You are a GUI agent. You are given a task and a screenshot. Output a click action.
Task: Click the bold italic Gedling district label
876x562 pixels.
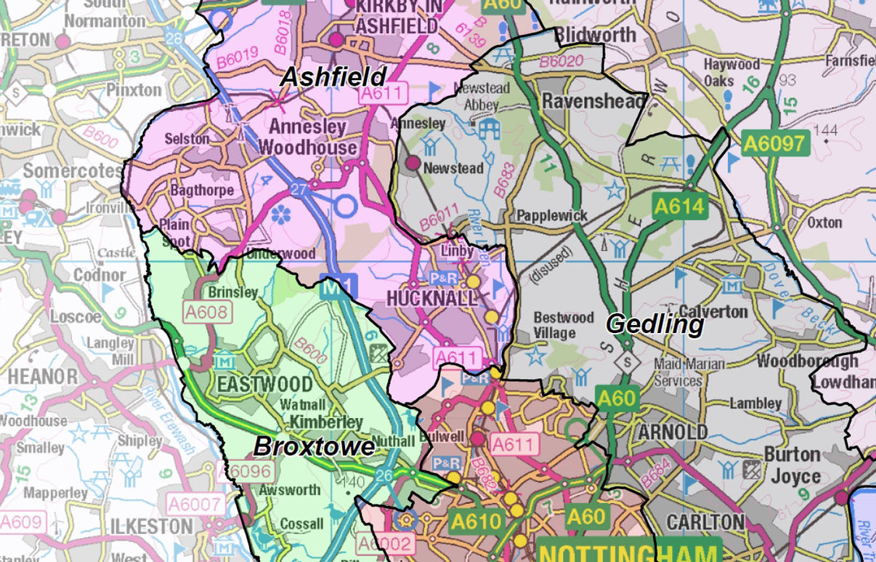coord(655,324)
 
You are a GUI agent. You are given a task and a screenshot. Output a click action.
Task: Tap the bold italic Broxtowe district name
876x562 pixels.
coord(314,446)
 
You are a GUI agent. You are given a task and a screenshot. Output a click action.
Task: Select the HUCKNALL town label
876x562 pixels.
coord(431,299)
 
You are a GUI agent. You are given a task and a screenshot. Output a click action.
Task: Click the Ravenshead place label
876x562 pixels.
coord(593,101)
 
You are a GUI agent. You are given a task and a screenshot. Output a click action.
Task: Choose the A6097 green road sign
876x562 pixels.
coord(776,143)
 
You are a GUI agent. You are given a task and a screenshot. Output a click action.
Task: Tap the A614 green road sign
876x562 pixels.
coord(679,206)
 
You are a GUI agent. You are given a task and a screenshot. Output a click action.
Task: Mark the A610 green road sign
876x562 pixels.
coord(475,521)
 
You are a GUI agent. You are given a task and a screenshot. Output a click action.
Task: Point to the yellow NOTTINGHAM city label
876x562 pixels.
coord(629,551)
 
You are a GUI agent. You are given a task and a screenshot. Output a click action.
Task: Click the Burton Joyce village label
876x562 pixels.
coord(791,465)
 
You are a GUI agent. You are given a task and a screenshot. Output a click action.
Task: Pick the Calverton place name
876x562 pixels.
coord(713,311)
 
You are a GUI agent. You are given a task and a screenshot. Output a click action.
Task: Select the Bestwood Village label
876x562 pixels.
coord(564,325)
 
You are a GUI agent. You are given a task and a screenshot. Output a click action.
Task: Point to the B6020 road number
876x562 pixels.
coord(562,62)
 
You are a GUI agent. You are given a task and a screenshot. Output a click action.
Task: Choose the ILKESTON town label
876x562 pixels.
coord(152,526)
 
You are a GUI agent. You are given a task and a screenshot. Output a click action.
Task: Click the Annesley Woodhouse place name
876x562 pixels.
coord(308,137)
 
